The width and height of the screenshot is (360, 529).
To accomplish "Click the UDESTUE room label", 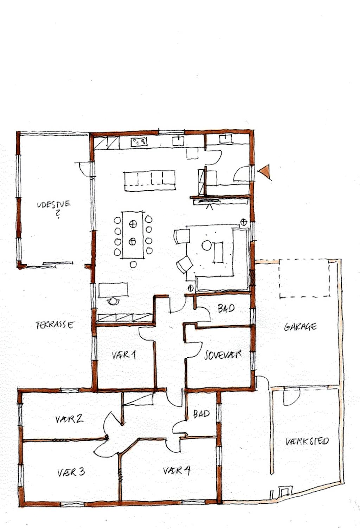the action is [x=54, y=204].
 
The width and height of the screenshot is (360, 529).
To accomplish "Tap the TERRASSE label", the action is [x=55, y=325].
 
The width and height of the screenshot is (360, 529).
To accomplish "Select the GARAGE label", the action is [x=301, y=327].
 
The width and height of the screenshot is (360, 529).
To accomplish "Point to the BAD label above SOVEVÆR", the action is [x=226, y=308].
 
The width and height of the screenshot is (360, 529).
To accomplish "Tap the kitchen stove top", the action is [x=139, y=142].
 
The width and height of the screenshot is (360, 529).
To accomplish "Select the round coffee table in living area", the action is [x=207, y=246].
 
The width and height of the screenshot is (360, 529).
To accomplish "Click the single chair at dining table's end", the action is [x=133, y=264].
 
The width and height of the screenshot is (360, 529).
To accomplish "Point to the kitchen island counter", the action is [x=150, y=180].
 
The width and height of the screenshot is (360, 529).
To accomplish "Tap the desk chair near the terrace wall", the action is [x=113, y=301].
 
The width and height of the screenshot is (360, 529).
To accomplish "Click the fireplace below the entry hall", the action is [x=209, y=201].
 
